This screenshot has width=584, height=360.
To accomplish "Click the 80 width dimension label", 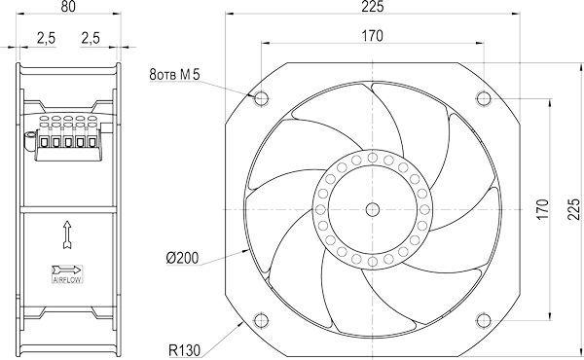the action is (x=68, y=7).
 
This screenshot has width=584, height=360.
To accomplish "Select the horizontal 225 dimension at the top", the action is (x=373, y=7).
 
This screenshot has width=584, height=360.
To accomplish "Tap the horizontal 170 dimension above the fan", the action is (x=373, y=36).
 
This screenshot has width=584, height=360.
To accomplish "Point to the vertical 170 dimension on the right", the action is (x=543, y=209).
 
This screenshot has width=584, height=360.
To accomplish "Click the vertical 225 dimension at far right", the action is (x=574, y=209).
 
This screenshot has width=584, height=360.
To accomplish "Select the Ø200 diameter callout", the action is (x=182, y=258).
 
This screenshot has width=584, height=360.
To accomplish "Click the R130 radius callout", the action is (x=184, y=350).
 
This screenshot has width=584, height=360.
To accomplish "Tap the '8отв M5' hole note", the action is (x=174, y=75).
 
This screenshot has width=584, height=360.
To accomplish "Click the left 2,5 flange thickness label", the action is (x=46, y=38).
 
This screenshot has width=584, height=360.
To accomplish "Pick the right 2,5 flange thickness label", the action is (x=91, y=38).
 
